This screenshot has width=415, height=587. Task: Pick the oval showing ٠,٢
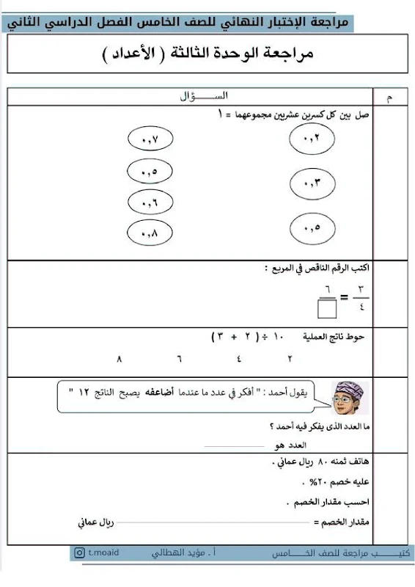tap(311, 137)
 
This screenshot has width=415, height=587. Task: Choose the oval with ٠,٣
tap(311, 183)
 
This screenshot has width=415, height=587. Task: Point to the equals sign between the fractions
tap(344, 298)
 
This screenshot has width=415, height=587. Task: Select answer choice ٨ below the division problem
tap(120, 360)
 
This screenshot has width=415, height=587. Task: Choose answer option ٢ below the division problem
tap(290, 360)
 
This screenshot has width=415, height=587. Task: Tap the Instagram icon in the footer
tap(78, 553)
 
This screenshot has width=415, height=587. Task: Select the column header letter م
tap(388, 98)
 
